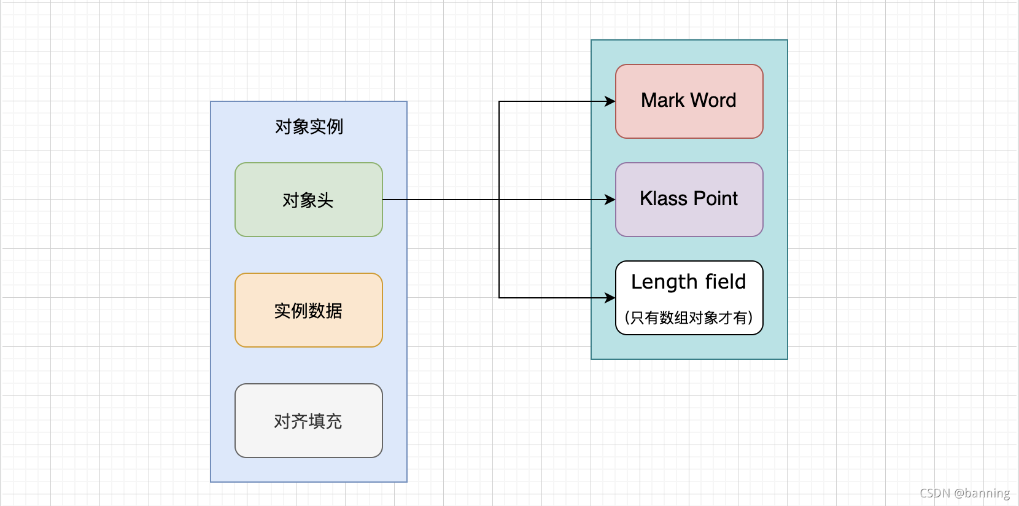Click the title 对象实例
coord(309,126)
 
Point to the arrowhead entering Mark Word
coord(610,101)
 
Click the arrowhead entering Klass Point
coord(610,200)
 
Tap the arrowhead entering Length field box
coord(610,298)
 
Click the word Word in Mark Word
coord(713,100)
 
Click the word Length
coord(664,282)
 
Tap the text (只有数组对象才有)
coord(689,317)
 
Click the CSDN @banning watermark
coord(964,493)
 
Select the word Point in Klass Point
coord(716,198)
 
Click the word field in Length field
coord(726,281)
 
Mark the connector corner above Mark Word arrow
coord(499,101)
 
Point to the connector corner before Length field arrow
coord(499,298)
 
